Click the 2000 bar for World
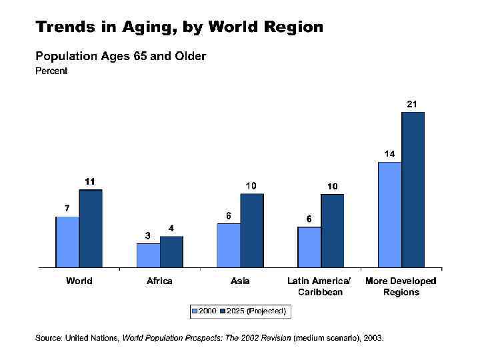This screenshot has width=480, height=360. point(67,242)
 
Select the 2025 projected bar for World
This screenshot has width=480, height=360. point(91,229)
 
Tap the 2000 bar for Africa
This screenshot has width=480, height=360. point(148,255)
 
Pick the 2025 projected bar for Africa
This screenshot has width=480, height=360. point(171,252)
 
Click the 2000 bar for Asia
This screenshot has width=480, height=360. point(229,245)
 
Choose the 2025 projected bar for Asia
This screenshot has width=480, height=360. point(252,231)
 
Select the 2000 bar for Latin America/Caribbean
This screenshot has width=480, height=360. point(309,247)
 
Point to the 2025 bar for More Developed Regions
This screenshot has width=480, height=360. point(413,190)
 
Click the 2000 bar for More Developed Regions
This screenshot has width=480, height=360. point(390,215)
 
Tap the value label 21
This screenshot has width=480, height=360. point(413,104)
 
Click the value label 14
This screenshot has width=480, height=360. point(389,153)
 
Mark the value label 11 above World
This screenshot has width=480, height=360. point(90,181)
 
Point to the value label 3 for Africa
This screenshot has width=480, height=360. point(148,235)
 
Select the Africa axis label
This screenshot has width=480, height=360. point(159,281)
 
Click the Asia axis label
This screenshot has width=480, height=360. point(240,281)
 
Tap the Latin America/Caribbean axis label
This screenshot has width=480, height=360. point(319,286)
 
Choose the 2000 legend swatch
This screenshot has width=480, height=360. point(194,311)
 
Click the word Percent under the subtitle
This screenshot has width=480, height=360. point(51,71)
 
